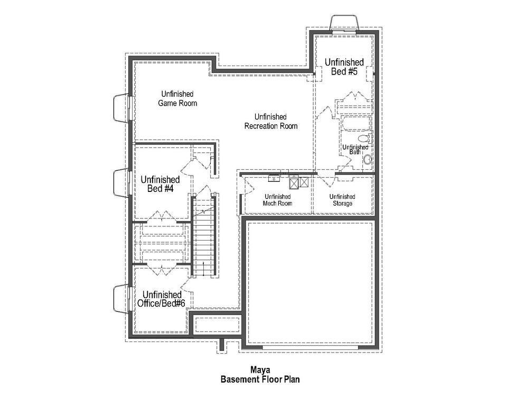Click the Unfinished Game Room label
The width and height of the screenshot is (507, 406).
[177, 98]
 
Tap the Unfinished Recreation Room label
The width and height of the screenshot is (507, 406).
[270, 121]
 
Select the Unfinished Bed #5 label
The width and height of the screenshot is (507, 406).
[344, 67]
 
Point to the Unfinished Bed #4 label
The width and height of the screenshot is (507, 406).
[161, 184]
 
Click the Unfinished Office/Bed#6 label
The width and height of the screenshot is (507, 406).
[161, 299]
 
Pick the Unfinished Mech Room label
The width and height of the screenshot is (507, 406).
[277, 200]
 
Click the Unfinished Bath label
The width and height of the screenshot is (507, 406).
[355, 149]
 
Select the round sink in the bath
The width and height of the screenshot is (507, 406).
[368, 159]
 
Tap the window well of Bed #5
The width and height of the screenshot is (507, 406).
[345, 24]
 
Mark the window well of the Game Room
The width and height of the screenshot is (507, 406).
[121, 108]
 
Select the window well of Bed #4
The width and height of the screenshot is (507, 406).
[121, 182]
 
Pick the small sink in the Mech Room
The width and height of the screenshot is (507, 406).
[274, 178]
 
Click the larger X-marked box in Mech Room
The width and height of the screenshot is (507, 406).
[294, 183]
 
